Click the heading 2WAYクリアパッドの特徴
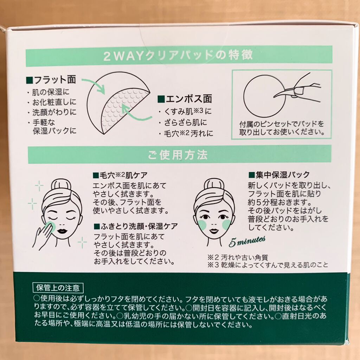pos(178,56)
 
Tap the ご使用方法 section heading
pos(178,155)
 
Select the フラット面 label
pos(51,80)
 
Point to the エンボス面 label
pos(185,99)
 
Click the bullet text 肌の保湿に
pos(51,92)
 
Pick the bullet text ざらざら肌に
pos(186,122)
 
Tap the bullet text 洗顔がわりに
pos(54,112)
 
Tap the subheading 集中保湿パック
pos(279,175)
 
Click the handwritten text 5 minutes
pos(247,242)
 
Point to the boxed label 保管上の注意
pos(58,288)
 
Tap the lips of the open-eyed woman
pos(214,230)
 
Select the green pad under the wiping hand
pos(51,226)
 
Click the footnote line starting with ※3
pos(268,265)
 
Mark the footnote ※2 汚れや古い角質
pos(238,257)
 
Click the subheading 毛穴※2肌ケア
pos(120,175)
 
